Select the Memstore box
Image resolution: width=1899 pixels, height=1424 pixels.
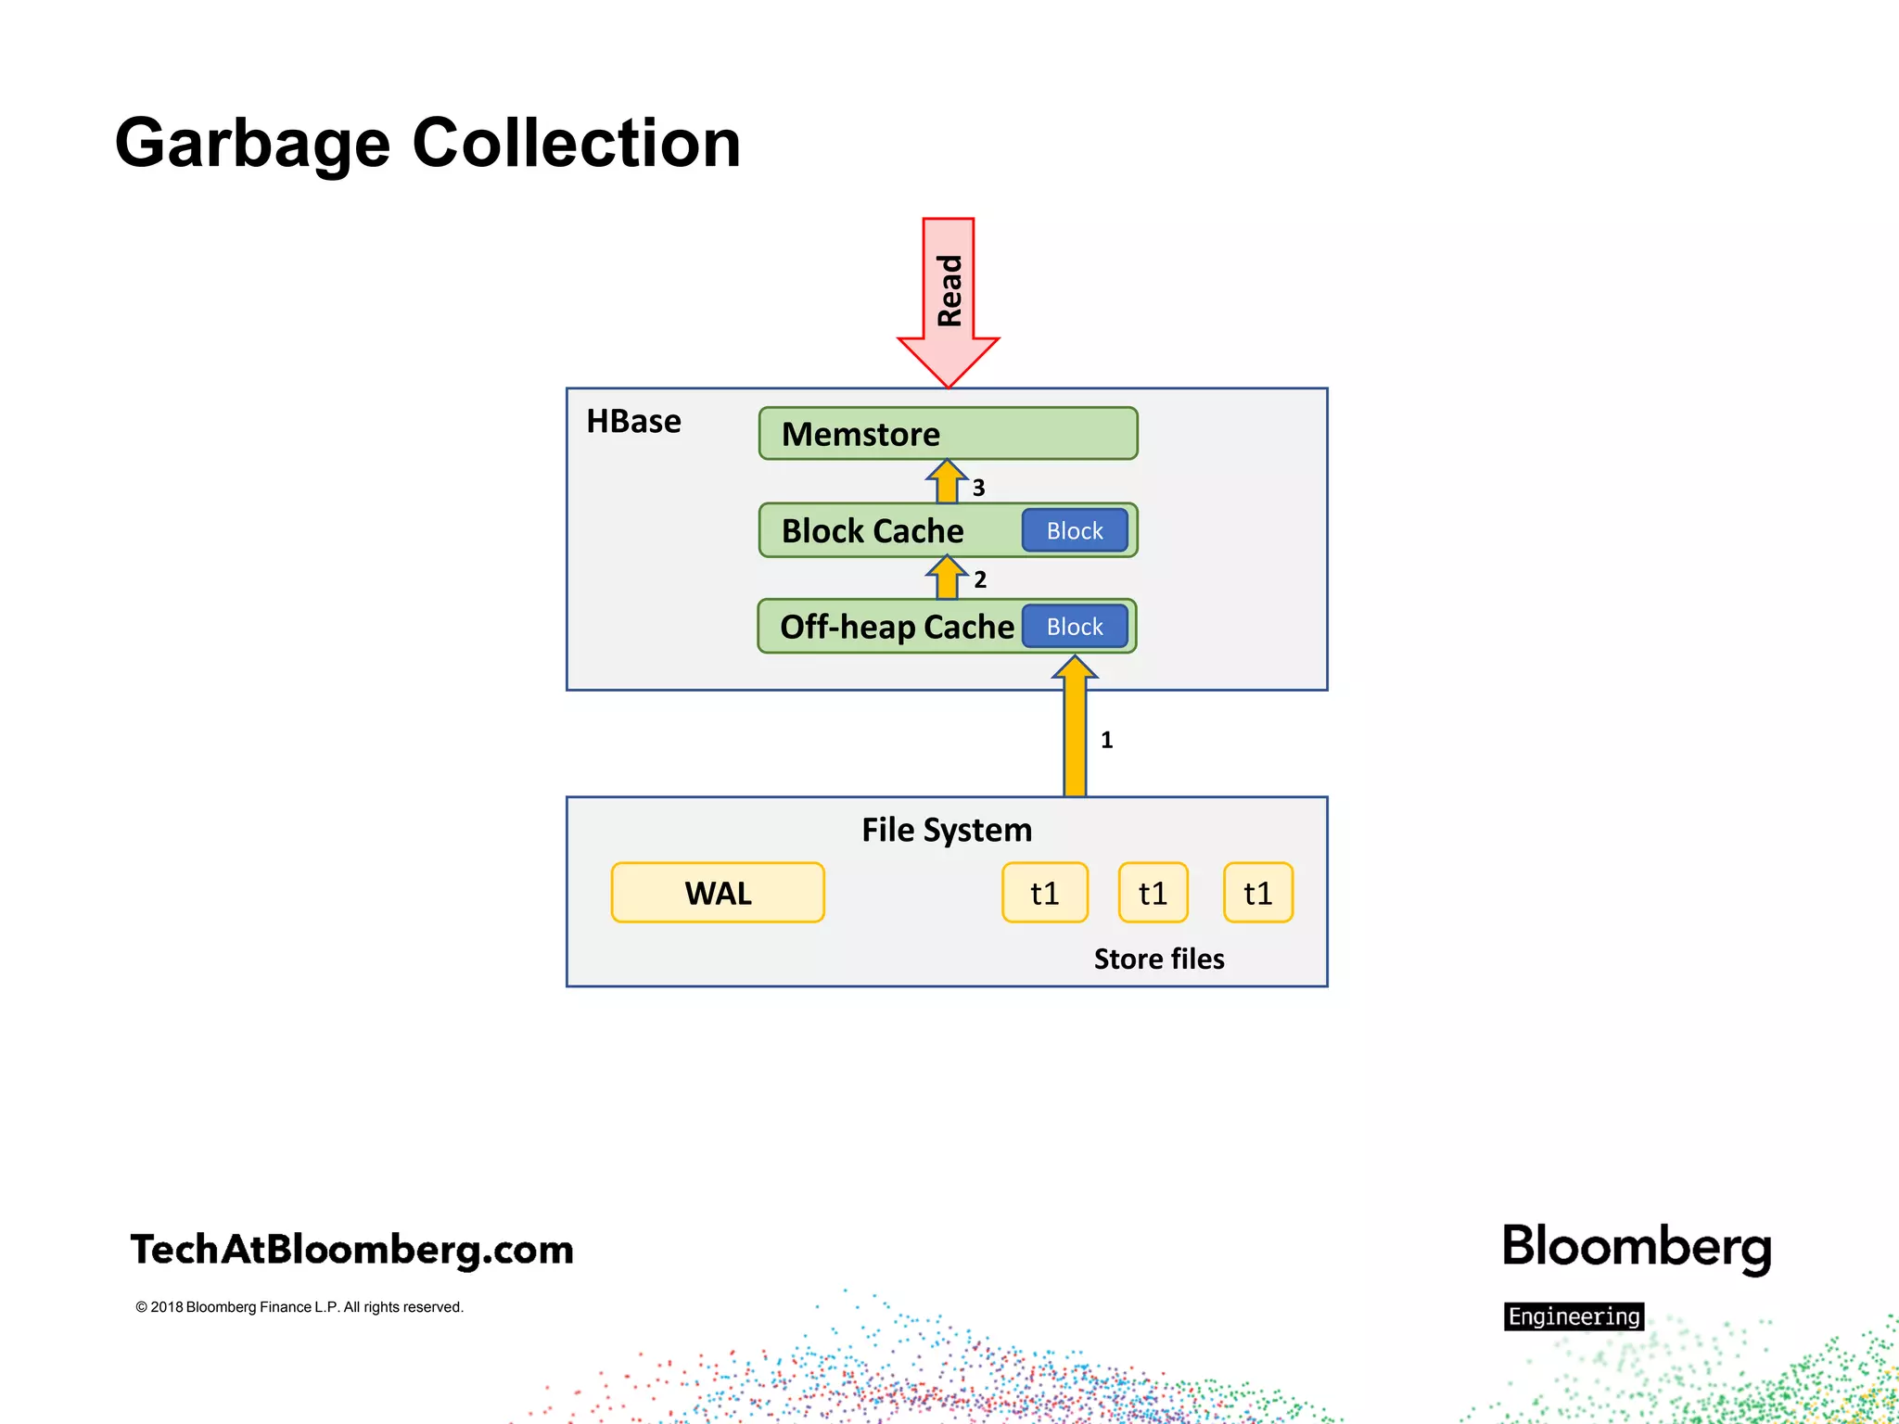[x=948, y=433]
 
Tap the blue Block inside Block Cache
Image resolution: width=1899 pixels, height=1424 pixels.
[x=1075, y=530]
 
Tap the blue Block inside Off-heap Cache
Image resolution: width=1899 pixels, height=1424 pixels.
[x=1075, y=627]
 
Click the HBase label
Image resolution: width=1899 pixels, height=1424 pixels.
[x=633, y=422]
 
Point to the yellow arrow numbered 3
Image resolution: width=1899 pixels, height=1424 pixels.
[x=947, y=482]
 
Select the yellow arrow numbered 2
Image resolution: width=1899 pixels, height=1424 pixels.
[x=947, y=578]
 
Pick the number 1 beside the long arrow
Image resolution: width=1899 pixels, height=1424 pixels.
[x=1106, y=740]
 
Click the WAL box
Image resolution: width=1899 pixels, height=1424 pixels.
[x=718, y=893]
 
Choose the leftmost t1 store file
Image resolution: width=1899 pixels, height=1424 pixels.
[x=1045, y=893]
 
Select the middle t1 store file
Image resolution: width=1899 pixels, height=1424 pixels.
[x=1153, y=893]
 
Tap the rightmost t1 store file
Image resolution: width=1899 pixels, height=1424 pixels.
[x=1258, y=893]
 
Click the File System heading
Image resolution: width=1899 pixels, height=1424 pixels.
[x=946, y=830]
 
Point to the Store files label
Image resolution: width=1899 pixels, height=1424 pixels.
[x=1159, y=959]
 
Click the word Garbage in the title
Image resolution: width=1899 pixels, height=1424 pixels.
[x=252, y=145]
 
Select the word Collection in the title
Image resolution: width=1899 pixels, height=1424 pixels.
[x=576, y=145]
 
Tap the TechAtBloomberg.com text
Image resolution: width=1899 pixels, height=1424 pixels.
[x=352, y=1250]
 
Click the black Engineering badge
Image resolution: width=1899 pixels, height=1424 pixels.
[x=1574, y=1316]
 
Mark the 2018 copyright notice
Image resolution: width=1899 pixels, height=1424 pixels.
[x=299, y=1307]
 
